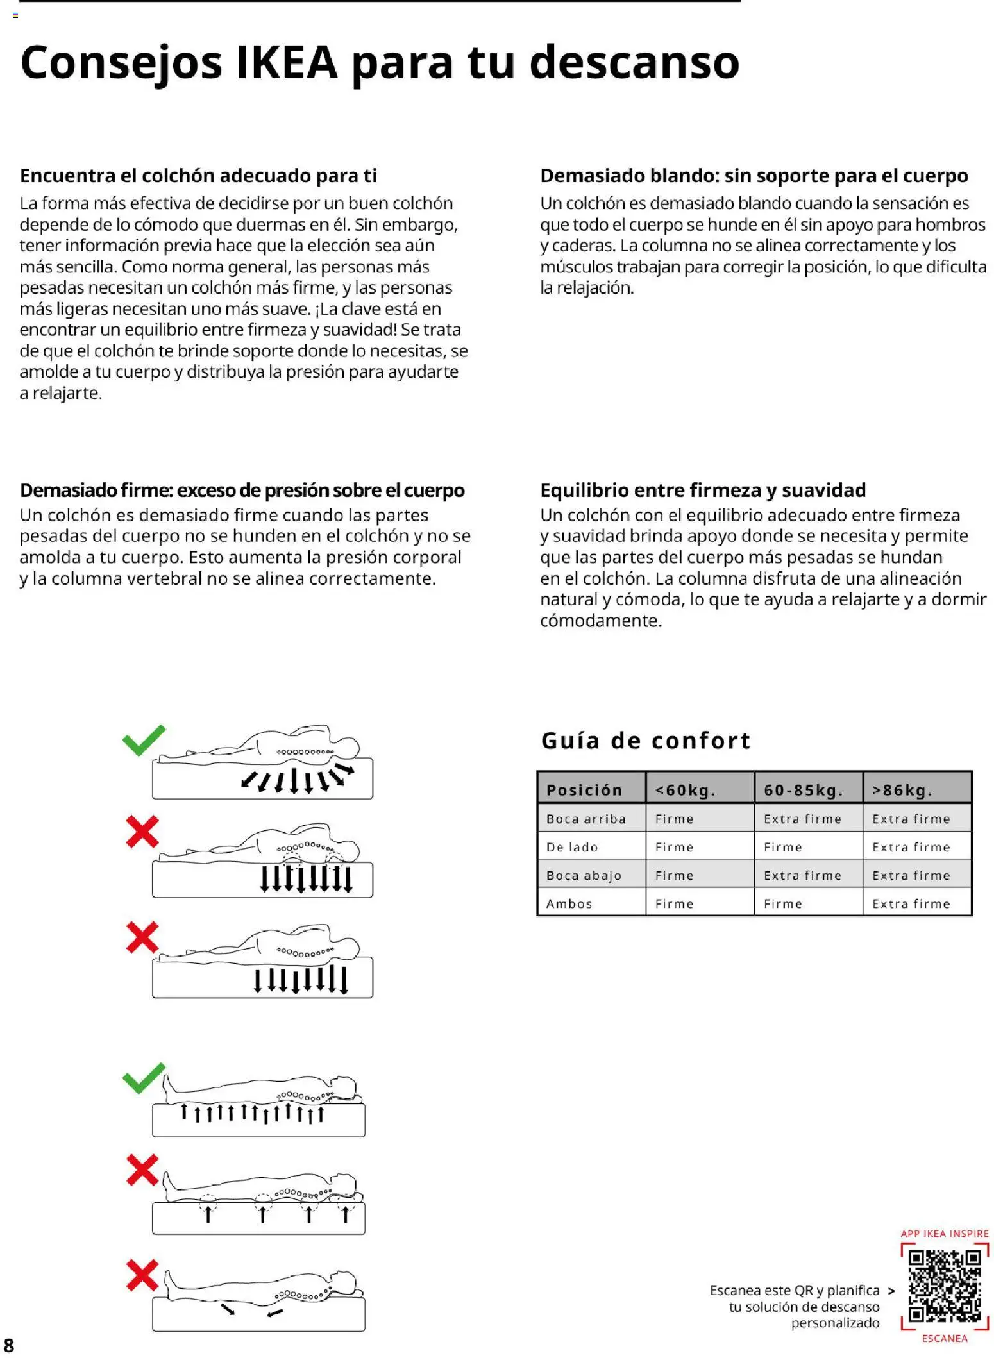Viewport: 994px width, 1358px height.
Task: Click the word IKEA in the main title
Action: click(287, 63)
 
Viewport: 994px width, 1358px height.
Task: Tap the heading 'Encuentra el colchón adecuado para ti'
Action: click(198, 176)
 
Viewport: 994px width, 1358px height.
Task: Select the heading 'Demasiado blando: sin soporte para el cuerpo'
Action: click(754, 176)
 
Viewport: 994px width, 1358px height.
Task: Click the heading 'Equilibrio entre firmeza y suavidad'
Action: click(702, 490)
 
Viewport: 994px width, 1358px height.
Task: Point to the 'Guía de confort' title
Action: click(645, 741)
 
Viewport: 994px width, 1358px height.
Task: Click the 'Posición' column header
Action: click(584, 790)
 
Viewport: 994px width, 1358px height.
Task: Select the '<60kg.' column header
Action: click(684, 790)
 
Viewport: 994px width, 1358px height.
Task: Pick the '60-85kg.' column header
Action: click(802, 790)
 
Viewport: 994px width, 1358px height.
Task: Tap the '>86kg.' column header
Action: click(902, 790)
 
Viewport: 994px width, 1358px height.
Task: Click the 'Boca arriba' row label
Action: click(585, 819)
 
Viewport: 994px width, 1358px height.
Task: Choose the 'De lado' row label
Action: click(571, 847)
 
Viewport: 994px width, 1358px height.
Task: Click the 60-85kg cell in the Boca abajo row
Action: click(802, 875)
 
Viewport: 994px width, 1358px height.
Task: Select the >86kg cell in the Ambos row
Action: click(911, 903)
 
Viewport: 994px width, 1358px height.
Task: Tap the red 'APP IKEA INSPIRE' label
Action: click(944, 1234)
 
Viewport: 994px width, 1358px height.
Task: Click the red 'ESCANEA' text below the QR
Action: click(944, 1338)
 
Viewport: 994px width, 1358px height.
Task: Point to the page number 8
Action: click(9, 1345)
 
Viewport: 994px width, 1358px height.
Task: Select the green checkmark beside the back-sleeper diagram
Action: click(144, 1078)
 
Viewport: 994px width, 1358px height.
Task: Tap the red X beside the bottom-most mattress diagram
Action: click(142, 1275)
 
